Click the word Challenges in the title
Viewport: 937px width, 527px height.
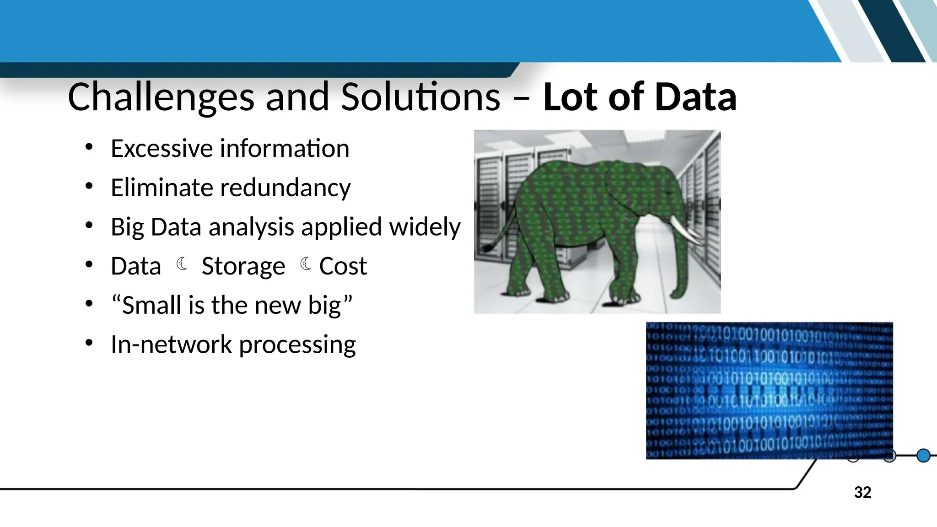click(x=161, y=97)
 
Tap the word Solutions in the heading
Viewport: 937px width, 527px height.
click(x=420, y=97)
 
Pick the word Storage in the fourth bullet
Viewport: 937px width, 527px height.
click(x=243, y=266)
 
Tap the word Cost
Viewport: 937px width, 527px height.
click(x=343, y=266)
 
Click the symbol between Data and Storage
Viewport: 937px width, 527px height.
click(x=182, y=264)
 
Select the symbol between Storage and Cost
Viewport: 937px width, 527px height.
click(x=305, y=264)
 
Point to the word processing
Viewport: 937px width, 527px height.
click(x=297, y=344)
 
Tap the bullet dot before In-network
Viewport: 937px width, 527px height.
click(x=89, y=343)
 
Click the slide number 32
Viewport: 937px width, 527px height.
click(x=862, y=493)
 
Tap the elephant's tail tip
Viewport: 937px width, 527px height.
click(x=488, y=249)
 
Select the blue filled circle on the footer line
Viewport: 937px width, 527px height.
click(x=924, y=456)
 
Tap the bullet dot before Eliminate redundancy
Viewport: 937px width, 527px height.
click(x=89, y=186)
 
